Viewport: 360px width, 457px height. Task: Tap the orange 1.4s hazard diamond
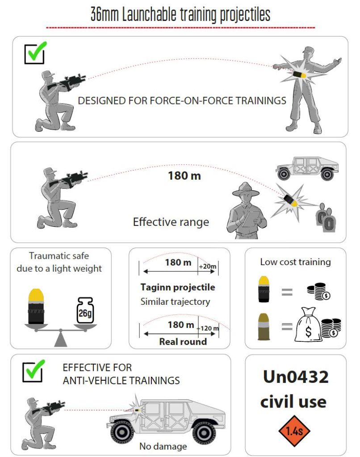click(294, 431)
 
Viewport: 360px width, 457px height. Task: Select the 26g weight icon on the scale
click(85, 311)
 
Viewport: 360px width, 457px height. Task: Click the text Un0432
click(296, 377)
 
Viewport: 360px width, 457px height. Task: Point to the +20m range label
click(208, 266)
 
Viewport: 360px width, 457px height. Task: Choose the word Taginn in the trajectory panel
click(155, 287)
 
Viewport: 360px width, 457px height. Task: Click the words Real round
click(183, 341)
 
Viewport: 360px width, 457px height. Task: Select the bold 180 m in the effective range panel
click(184, 176)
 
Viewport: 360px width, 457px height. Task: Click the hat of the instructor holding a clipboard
click(246, 189)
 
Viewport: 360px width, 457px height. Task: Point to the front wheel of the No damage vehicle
click(122, 433)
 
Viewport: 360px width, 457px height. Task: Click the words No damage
click(163, 446)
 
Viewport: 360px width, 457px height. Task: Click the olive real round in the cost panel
click(264, 327)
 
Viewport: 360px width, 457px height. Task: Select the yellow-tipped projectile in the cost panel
click(264, 289)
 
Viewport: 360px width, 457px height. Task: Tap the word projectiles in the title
click(245, 15)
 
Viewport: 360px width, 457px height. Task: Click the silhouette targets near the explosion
click(327, 217)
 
